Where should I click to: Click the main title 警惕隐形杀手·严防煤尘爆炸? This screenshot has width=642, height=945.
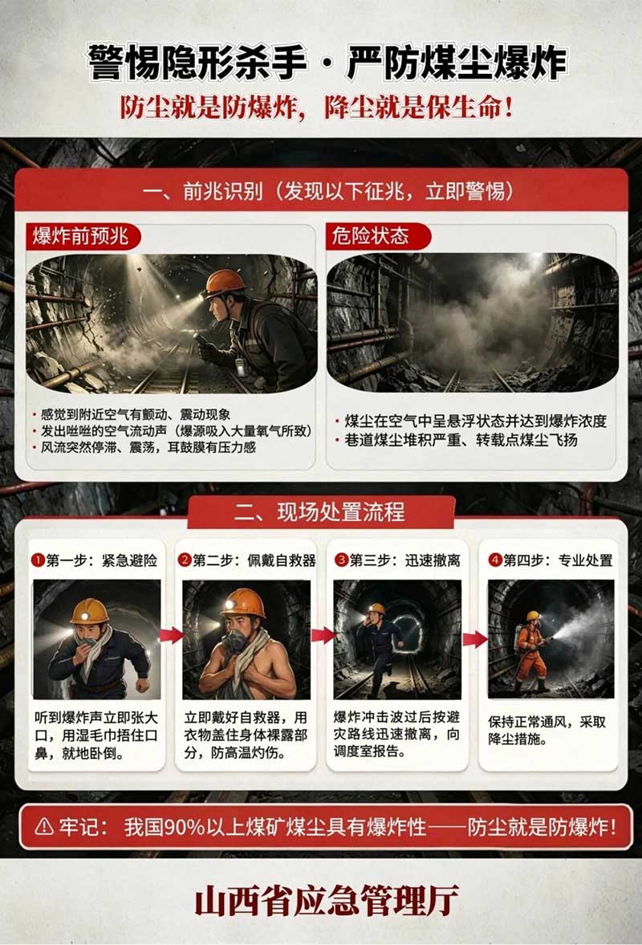(x=327, y=62)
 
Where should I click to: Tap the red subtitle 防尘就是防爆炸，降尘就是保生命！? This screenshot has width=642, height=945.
(x=317, y=108)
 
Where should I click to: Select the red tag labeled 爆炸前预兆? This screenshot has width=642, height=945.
(x=82, y=235)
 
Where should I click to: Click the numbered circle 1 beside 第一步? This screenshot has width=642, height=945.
(x=38, y=560)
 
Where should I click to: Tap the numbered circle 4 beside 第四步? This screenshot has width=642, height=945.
(x=495, y=560)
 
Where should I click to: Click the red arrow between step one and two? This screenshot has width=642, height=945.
(x=171, y=634)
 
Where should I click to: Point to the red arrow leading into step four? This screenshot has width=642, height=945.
(x=475, y=639)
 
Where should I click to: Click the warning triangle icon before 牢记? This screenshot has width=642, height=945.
(x=44, y=825)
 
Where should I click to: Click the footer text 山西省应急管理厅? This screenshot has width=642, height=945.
(x=327, y=900)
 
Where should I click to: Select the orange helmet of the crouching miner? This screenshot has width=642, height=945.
(x=224, y=283)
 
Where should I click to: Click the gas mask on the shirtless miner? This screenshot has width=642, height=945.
(x=235, y=641)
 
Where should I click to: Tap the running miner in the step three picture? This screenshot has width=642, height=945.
(x=378, y=648)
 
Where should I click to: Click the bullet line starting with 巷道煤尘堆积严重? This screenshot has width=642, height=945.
(x=461, y=440)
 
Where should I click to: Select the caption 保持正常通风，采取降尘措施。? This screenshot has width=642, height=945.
(x=547, y=731)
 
